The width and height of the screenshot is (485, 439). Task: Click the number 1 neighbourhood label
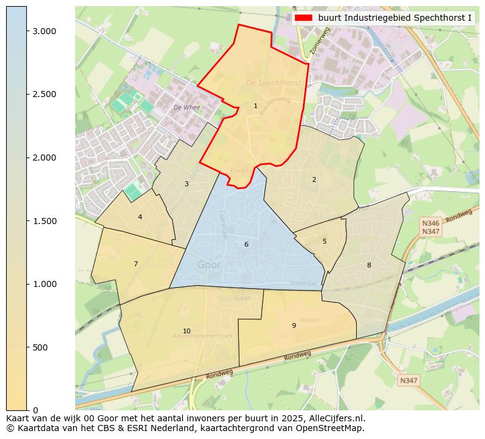255,106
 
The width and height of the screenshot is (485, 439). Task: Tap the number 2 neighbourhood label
314,180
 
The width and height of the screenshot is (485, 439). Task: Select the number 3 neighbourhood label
186,184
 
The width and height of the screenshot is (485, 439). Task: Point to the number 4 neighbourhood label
140,217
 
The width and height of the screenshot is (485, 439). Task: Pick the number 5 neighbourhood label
324,241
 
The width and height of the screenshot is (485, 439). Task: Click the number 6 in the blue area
246,244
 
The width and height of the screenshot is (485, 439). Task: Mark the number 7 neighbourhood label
136,264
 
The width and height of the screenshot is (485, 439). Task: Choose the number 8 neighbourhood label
369,265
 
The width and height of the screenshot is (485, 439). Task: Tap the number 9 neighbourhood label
294,325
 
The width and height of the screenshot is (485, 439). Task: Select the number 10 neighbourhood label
186,331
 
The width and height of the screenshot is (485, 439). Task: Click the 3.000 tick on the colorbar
43,31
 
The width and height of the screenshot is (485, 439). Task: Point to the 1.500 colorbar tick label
43,221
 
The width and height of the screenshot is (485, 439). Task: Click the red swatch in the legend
304,18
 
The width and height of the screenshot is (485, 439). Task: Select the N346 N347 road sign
431,227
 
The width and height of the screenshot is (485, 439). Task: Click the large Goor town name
209,265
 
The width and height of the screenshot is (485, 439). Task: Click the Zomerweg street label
319,42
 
